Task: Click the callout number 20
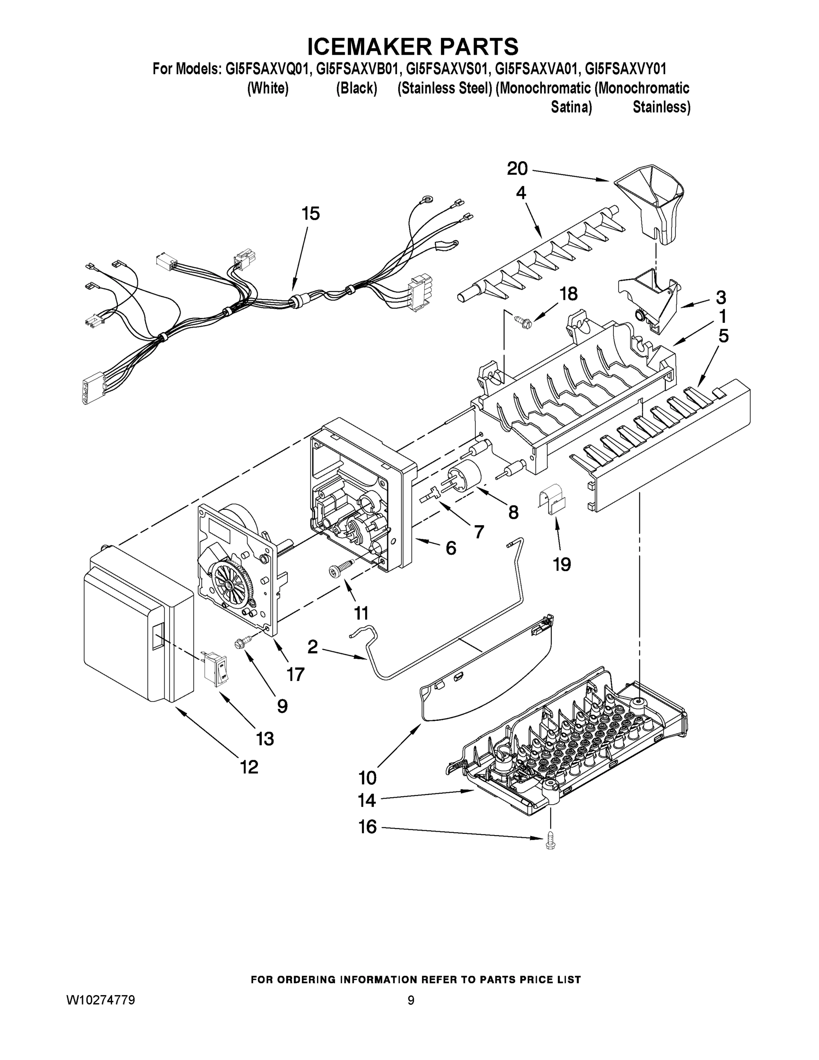click(517, 169)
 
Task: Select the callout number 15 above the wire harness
click(310, 214)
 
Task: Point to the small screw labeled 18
click(522, 321)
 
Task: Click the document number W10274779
click(100, 1000)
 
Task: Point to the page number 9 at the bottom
click(411, 1000)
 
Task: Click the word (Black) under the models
click(357, 88)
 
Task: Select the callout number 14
click(367, 800)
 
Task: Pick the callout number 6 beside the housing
click(451, 548)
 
